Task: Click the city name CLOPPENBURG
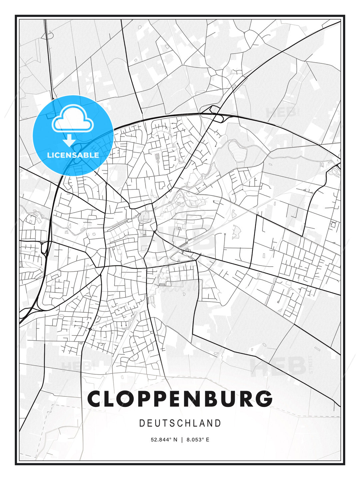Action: (x=180, y=399)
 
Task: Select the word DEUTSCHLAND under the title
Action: (x=180, y=423)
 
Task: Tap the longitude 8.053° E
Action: (x=198, y=440)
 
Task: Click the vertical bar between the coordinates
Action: (x=182, y=440)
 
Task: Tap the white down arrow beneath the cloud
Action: (x=69, y=141)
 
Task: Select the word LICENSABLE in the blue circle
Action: (x=73, y=155)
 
